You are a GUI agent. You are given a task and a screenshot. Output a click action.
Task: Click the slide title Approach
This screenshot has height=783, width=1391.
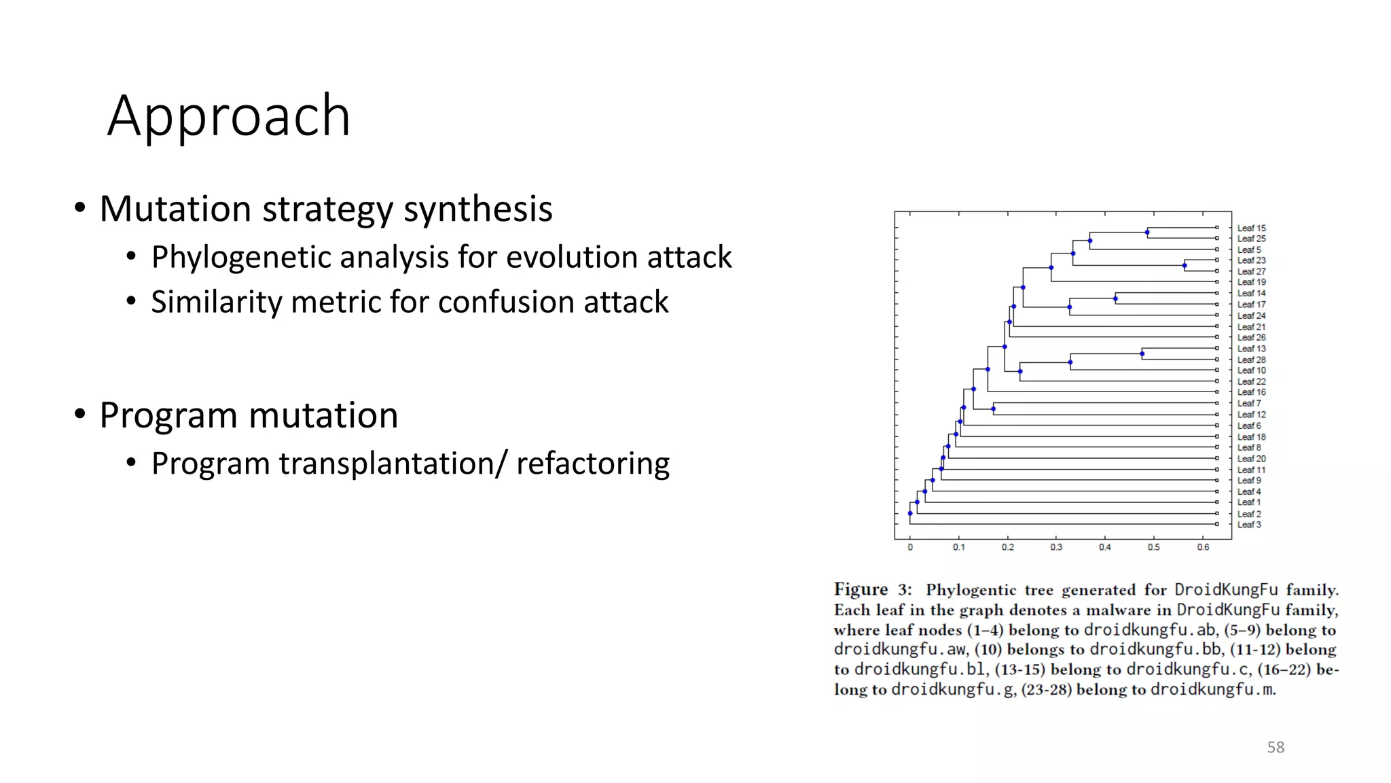point(229,116)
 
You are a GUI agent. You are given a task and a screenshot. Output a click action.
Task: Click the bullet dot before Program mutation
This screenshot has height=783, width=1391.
point(80,414)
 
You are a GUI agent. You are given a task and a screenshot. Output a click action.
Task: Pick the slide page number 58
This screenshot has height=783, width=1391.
point(1276,747)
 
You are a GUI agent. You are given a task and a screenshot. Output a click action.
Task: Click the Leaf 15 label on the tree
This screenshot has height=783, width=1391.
point(1251,228)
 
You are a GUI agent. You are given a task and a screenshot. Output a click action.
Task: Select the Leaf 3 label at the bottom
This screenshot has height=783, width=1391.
point(1248,525)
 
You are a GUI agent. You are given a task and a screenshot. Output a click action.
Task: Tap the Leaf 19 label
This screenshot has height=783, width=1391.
point(1251,282)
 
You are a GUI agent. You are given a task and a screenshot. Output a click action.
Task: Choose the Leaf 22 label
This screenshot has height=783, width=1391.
point(1251,381)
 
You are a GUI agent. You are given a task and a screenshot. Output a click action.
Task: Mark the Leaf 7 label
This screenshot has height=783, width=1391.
point(1248,403)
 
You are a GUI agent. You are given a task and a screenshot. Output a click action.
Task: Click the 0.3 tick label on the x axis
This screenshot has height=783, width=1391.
point(1056,547)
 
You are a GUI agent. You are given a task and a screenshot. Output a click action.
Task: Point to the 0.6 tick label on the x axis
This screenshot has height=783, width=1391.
point(1203,547)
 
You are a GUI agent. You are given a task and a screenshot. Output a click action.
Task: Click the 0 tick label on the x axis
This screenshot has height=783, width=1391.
point(910,547)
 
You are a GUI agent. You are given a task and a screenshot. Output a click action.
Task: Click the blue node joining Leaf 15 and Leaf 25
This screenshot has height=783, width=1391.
point(1147,233)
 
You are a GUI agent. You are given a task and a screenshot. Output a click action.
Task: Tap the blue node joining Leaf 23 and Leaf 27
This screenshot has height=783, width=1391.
point(1185,266)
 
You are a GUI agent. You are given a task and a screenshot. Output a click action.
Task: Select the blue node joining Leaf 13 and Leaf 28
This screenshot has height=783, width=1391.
point(1142,353)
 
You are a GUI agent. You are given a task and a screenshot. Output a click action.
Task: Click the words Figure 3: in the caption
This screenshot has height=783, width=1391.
point(872,589)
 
